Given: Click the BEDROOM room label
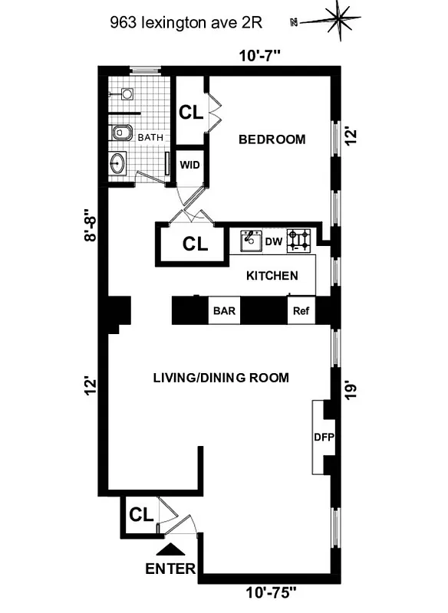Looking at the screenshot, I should (x=272, y=139).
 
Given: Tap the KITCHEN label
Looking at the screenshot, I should (x=270, y=275).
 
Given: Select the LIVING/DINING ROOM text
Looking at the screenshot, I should (x=221, y=377).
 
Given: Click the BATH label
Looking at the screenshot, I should (x=150, y=137).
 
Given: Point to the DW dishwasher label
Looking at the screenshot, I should (x=274, y=242).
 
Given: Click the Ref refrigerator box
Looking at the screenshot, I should (x=299, y=312).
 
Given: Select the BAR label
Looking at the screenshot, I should (x=224, y=312).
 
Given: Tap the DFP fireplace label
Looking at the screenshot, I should (x=322, y=438).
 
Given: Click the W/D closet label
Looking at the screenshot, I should (x=189, y=164).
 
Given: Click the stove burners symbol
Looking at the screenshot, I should (x=299, y=241).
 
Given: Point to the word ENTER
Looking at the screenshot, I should (x=170, y=569).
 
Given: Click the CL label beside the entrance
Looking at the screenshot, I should (x=139, y=513).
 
